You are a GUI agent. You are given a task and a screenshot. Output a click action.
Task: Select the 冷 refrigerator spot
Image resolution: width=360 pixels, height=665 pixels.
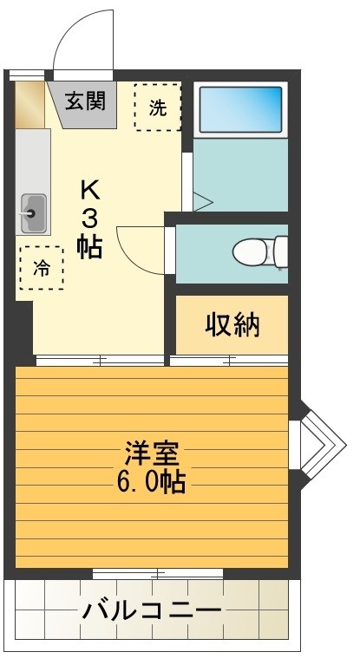pos(41,268)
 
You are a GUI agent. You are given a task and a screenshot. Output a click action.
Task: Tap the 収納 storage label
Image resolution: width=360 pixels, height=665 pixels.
pos(232,325)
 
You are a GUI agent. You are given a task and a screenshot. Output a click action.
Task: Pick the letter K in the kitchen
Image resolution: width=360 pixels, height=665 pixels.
pos(89,189)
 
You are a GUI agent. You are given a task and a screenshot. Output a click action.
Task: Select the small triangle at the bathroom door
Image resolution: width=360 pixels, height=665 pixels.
pos(201,202)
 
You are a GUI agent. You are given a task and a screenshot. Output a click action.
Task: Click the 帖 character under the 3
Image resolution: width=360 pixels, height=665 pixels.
pos(89,246)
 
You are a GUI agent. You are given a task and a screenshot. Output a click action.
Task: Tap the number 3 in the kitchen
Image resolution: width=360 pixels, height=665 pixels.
pos(89,218)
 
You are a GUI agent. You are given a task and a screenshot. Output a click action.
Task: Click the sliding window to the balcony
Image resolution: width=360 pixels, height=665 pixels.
pos(157,573)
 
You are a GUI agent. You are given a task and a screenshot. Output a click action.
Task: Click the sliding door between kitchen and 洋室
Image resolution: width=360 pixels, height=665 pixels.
pos(100,359)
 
